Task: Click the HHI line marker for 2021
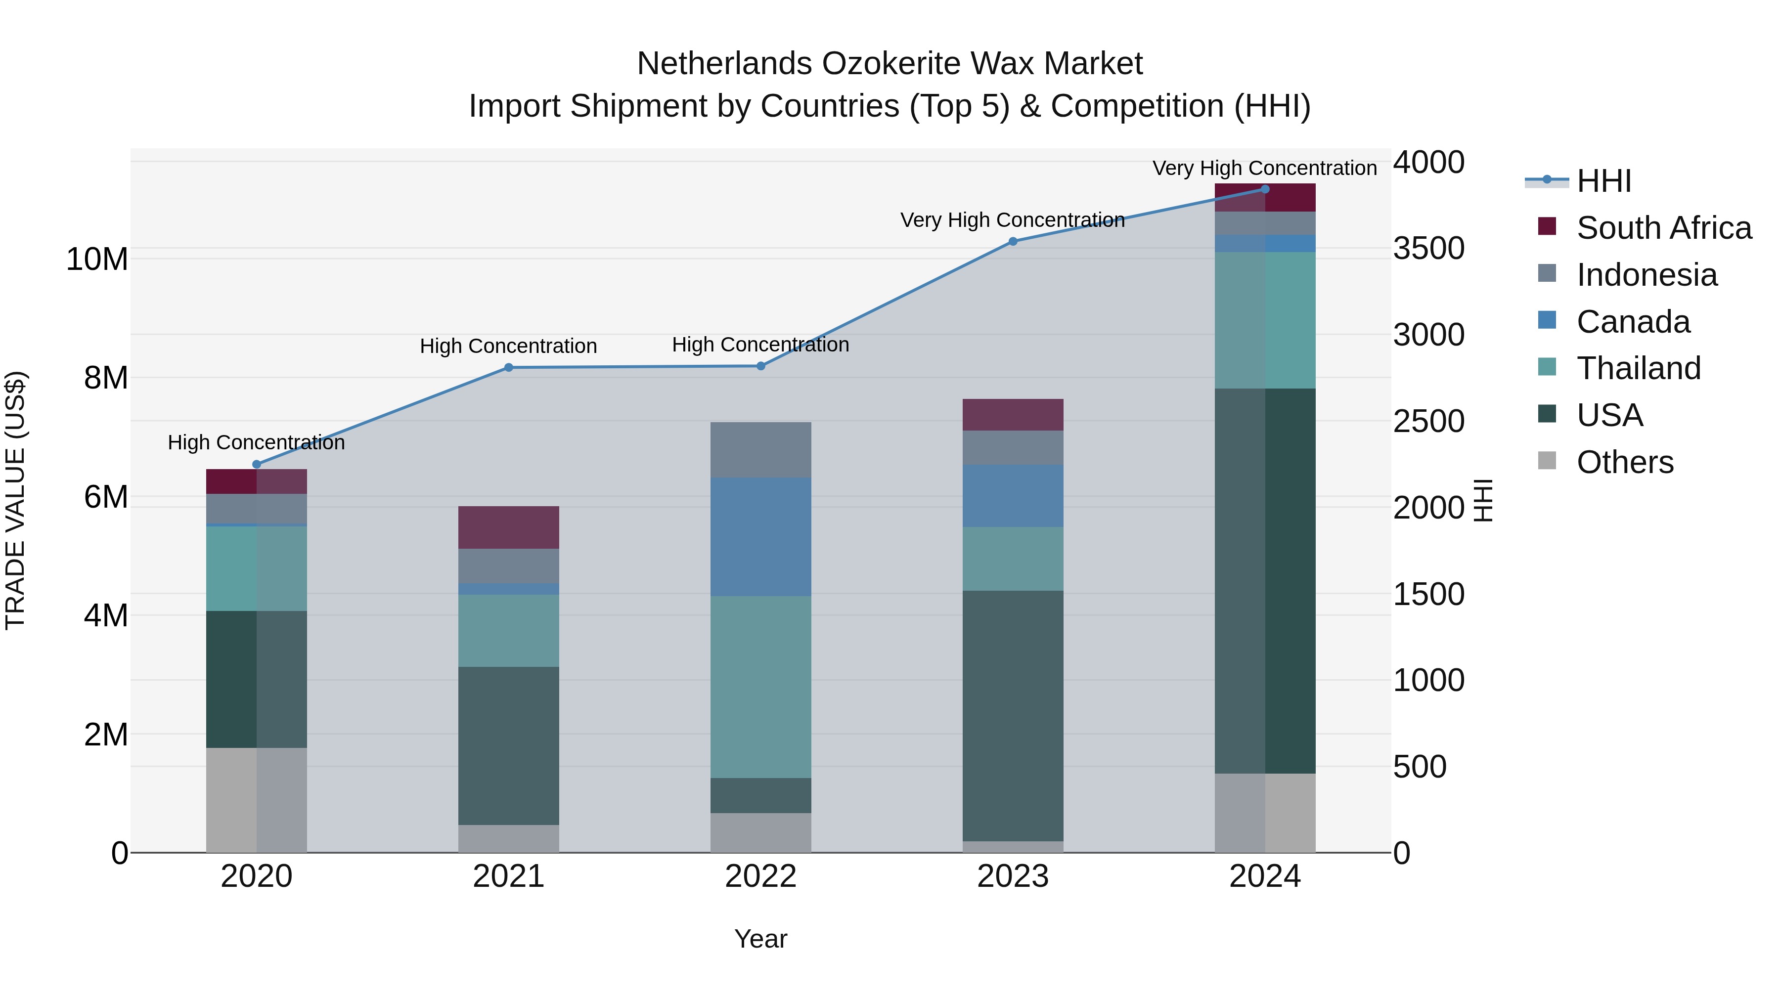coord(509,367)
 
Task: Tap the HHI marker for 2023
coord(1013,241)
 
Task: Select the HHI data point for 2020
coord(256,464)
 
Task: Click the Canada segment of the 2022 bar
coord(761,537)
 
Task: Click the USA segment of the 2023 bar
coord(1013,716)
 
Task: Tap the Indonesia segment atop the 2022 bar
coord(761,450)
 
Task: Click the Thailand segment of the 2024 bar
coord(1265,320)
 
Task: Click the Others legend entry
coord(1624,462)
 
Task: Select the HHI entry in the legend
coord(1603,181)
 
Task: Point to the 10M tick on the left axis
coord(97,260)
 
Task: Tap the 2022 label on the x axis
coord(761,876)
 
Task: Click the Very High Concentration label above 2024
coord(1264,168)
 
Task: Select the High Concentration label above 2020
coord(256,442)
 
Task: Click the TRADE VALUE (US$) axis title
coord(15,500)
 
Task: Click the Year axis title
coord(761,939)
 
